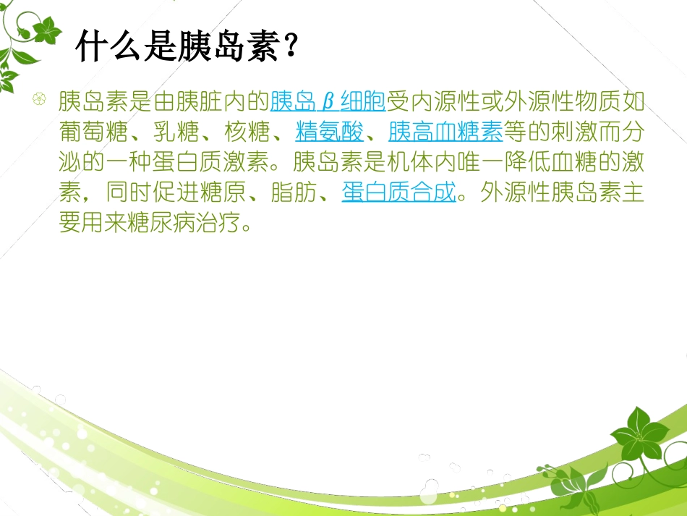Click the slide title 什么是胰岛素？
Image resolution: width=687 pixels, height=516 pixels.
(x=187, y=47)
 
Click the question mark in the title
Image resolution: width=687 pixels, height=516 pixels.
(x=291, y=47)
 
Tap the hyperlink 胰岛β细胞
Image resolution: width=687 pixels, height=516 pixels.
(x=328, y=101)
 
